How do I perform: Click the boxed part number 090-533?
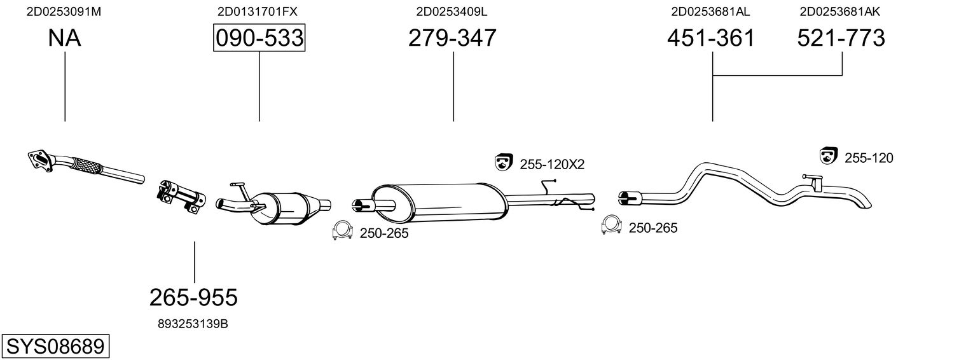pos(259,38)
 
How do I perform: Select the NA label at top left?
pos(64,38)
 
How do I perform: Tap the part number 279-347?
pos(452,38)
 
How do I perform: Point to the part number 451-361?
pos(711,38)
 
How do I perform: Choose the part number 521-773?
pos(841,38)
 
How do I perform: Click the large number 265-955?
pos(193,296)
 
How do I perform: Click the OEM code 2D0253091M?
pos(64,11)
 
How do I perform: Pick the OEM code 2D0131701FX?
pos(257,11)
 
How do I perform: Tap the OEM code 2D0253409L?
pos(452,11)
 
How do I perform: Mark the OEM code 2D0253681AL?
pos(710,11)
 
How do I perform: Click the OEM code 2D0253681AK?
pos(839,11)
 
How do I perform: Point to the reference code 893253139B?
pos(193,324)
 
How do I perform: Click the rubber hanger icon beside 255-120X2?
pos(504,162)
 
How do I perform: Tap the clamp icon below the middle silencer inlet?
pos(342,231)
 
